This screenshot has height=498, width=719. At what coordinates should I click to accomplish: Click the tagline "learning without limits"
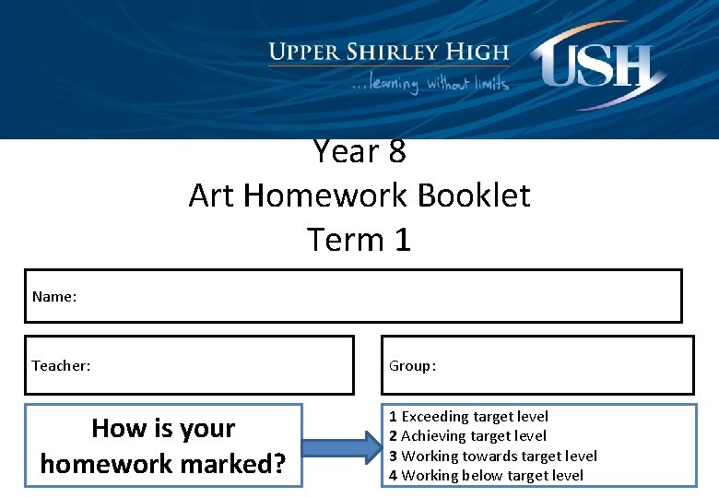430,83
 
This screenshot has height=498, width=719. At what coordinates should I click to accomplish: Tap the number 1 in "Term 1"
401,240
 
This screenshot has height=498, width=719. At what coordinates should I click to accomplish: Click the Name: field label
53,296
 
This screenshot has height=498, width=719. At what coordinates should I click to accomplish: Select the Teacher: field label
61,365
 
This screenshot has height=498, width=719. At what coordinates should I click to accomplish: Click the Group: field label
412,365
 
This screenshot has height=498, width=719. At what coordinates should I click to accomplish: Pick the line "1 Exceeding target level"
468,416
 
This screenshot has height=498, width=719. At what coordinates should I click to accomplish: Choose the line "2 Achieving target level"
467,435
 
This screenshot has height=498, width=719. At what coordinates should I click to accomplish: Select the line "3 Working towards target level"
492,456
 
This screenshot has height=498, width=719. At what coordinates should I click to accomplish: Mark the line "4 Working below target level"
486,475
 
